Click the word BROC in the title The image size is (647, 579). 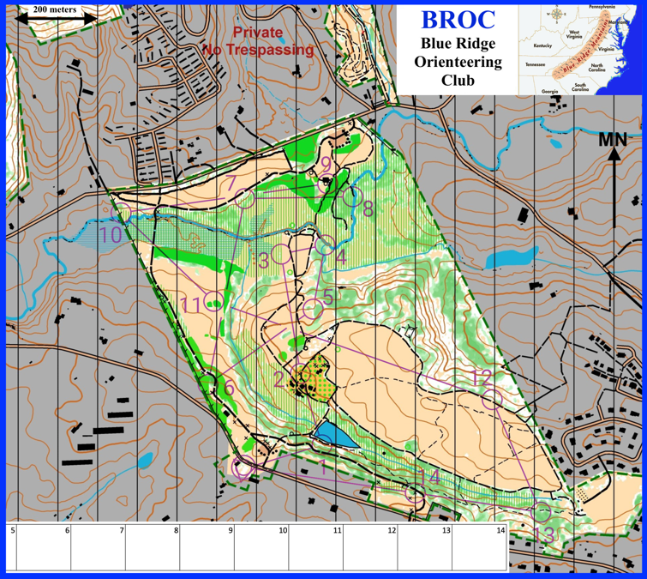458,20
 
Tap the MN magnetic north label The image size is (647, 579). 613,140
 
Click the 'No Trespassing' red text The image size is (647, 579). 258,50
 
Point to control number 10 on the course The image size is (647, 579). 111,234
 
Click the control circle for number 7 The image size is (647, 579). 244,198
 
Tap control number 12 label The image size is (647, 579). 482,376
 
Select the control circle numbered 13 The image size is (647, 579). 541,512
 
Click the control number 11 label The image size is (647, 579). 191,305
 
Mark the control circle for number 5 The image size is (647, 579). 313,309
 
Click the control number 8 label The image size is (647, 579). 368,208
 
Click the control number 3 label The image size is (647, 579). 265,257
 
